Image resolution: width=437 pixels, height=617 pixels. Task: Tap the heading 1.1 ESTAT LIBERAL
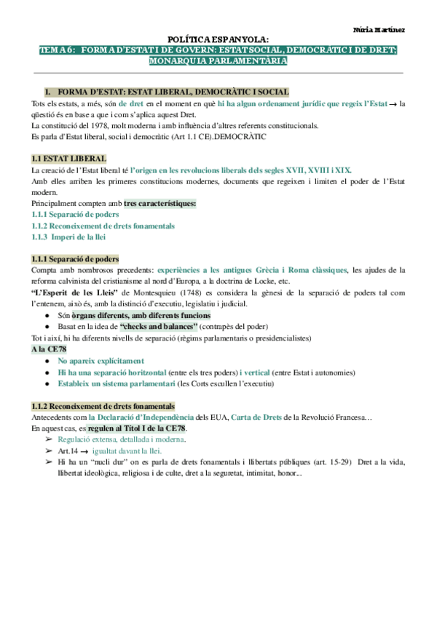(x=70, y=159)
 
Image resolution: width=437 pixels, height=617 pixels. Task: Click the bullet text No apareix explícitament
(x=101, y=361)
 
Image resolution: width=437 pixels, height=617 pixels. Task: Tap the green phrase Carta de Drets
(x=225, y=418)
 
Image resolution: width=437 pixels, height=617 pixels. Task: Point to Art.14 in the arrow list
(x=68, y=451)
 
